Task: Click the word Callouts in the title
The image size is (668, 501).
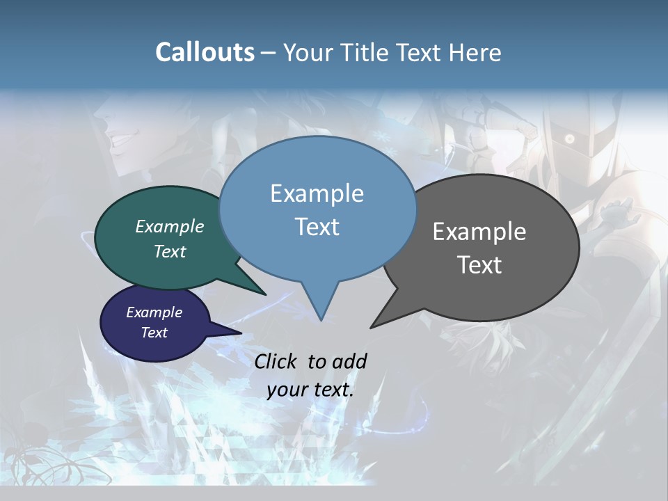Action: (x=205, y=52)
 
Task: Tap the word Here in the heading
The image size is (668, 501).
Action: (x=476, y=52)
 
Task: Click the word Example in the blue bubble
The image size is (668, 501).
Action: (x=317, y=193)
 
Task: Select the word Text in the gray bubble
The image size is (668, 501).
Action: (x=479, y=265)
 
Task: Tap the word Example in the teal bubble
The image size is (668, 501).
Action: (x=170, y=227)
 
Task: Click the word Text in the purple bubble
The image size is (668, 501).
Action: (x=154, y=333)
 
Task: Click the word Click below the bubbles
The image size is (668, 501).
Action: (x=276, y=361)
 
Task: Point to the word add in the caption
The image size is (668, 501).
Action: (x=349, y=361)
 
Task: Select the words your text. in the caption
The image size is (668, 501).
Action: (x=310, y=390)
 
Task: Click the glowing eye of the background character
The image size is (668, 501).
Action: (x=570, y=140)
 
